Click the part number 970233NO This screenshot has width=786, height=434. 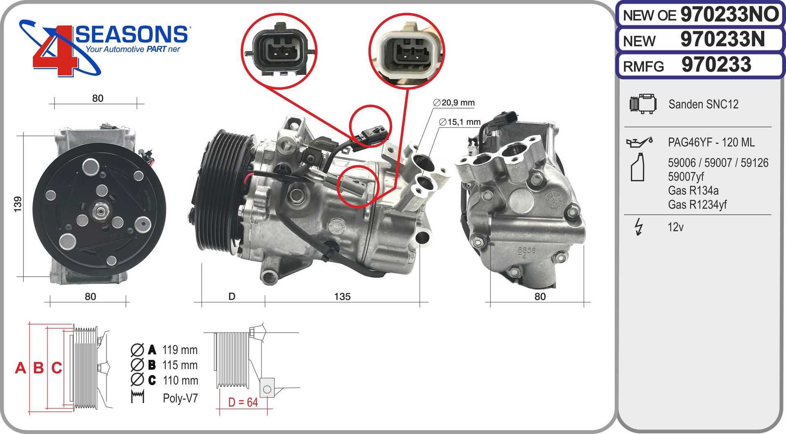(730, 14)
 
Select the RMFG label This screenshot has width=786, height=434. (643, 66)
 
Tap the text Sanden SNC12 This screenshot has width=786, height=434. (703, 104)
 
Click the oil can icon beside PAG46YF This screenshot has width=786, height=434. (639, 142)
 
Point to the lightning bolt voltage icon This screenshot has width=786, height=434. (638, 227)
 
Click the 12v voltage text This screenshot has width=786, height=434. (675, 227)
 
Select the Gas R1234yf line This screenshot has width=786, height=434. (697, 204)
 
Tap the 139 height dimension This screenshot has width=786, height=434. (18, 204)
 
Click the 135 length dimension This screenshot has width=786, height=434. (342, 296)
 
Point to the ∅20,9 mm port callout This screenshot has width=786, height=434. (454, 102)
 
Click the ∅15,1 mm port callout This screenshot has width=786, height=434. (459, 122)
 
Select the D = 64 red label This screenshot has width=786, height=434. (243, 402)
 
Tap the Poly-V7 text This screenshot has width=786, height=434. (180, 398)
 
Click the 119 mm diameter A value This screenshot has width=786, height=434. (180, 350)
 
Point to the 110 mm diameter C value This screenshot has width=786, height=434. (180, 380)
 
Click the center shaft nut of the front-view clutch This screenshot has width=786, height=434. (99, 211)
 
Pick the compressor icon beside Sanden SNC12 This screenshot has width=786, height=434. (643, 104)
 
